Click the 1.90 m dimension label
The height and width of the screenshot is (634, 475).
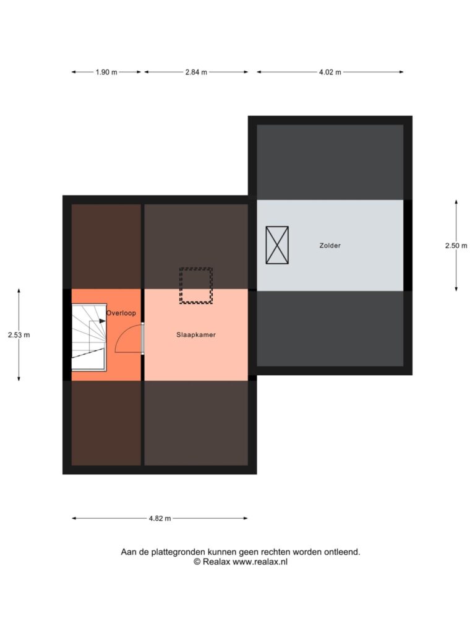106,72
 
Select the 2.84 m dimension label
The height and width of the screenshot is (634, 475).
196,72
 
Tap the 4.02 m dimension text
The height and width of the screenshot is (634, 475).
330,72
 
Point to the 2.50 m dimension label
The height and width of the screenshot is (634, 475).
456,245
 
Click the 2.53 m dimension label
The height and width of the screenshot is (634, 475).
19,335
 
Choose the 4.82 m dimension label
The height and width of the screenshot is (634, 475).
160,518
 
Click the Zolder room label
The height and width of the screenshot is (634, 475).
330,245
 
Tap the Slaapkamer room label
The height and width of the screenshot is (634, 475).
196,335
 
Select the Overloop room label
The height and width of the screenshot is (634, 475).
121,313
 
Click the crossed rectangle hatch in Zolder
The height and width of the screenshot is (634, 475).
277,245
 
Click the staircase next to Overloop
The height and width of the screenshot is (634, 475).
89,337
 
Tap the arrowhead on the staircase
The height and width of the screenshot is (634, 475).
102,321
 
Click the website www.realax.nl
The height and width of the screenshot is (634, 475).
260,562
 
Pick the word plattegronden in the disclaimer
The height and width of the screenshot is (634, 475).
178,552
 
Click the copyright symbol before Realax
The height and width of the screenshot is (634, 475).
197,562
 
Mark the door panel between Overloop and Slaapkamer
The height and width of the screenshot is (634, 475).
143,339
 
